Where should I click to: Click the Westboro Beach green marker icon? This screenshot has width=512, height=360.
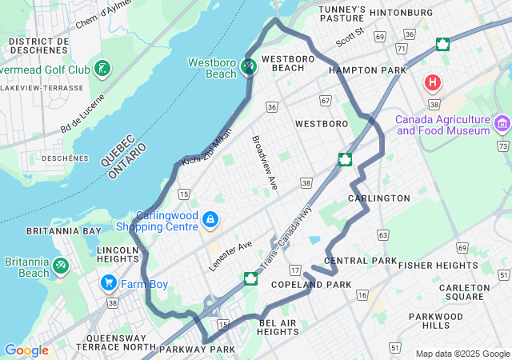tap(248, 68)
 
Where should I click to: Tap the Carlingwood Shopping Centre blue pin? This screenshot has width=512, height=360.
tap(210, 218)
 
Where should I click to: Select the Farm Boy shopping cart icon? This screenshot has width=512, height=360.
tap(109, 283)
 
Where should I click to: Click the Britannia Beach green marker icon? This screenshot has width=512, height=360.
tap(61, 265)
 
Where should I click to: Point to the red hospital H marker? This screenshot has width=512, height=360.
tap(433, 82)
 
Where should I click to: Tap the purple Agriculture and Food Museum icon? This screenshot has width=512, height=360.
tap(502, 123)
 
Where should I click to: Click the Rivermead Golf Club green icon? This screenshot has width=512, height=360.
tap(102, 69)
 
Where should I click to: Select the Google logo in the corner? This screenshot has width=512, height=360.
tap(26, 350)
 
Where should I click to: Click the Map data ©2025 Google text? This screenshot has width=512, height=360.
tap(462, 354)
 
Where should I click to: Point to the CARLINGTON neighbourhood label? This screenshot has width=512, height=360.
tap(379, 198)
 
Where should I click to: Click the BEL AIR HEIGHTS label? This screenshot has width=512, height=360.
tap(278, 326)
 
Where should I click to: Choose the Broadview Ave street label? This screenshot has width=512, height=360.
tap(265, 162)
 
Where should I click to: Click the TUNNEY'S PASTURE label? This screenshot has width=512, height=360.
tap(342, 14)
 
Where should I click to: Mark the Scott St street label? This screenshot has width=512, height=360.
tap(350, 36)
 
